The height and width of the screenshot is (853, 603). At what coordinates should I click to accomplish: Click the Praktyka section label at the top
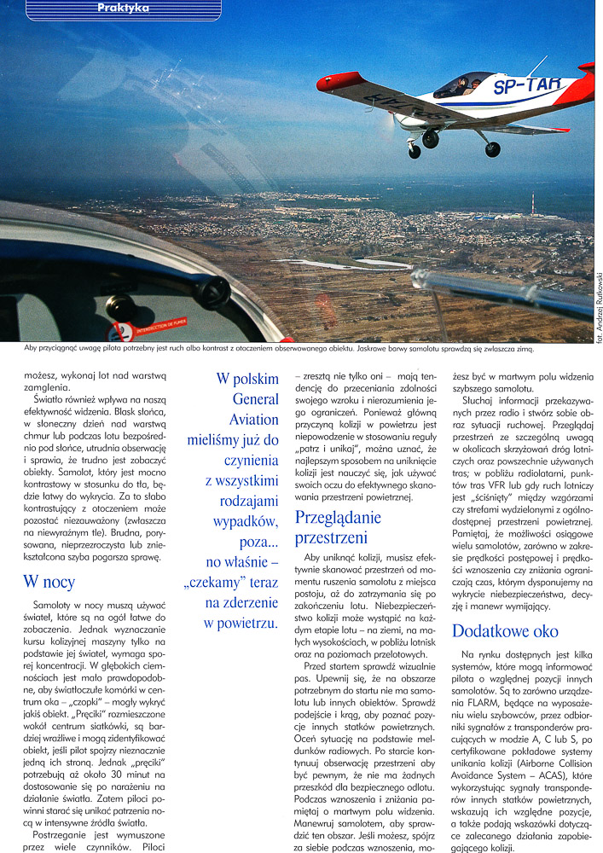[x=124, y=9]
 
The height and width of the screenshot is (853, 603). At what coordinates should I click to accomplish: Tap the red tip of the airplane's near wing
[x=328, y=84]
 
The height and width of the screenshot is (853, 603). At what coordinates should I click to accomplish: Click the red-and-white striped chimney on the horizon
[x=534, y=205]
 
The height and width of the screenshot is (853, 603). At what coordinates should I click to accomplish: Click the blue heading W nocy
[x=49, y=583]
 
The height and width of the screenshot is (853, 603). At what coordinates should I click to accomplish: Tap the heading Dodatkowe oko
[x=504, y=631]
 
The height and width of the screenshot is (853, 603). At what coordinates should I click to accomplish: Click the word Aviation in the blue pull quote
[x=253, y=420]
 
